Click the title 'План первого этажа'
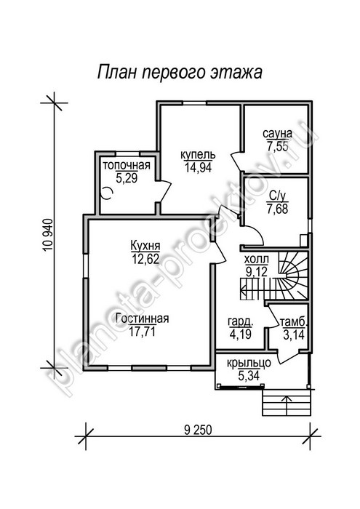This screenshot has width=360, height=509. (180, 72)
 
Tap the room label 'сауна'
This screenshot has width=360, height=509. (278, 133)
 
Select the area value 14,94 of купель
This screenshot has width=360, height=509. (198, 167)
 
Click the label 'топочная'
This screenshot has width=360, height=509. (127, 165)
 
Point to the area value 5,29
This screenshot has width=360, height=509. (127, 178)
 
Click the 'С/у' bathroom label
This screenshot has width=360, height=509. (279, 196)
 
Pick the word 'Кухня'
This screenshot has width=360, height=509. (145, 246)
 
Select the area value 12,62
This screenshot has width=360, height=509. (145, 259)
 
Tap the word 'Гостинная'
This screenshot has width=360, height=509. (143, 318)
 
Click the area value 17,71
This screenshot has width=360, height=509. (142, 332)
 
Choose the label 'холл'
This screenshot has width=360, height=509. (257, 260)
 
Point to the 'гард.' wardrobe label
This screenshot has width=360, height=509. (241, 322)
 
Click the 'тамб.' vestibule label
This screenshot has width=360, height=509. (293, 322)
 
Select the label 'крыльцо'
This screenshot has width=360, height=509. (249, 364)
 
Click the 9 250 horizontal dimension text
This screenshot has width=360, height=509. (198, 430)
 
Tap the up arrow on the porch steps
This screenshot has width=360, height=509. (287, 406)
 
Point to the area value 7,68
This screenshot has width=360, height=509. (279, 209)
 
